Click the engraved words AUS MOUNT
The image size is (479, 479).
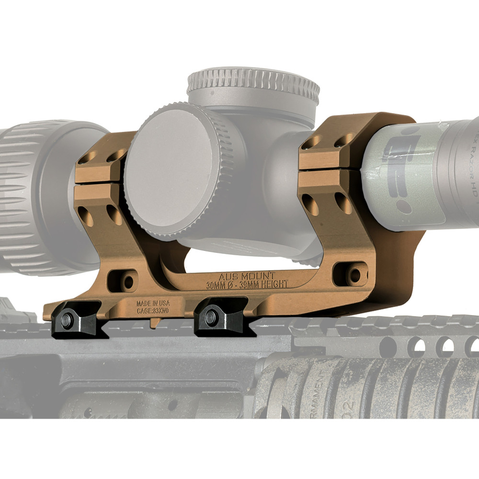tap(247, 276)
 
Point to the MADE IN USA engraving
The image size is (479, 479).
tap(153, 303)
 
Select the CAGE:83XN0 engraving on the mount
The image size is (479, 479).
tap(153, 310)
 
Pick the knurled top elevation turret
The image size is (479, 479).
tap(253, 86)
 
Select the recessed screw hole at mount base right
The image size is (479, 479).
tap(354, 274)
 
